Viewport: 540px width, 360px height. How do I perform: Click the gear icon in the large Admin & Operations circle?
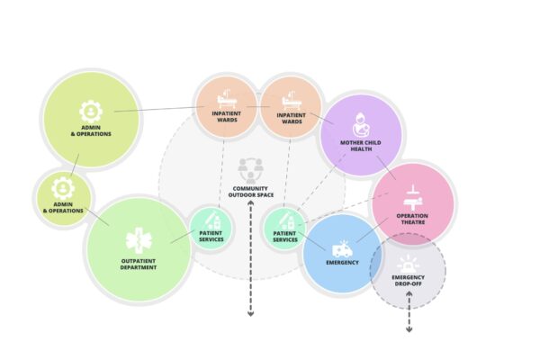pyautogui.click(x=91, y=112)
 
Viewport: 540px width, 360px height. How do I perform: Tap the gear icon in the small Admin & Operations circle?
pyautogui.click(x=63, y=188)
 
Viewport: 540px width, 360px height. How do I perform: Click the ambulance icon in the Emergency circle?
pyautogui.click(x=342, y=248)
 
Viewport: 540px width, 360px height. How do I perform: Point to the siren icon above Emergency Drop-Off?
pyautogui.click(x=408, y=264)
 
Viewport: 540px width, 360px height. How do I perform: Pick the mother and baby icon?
pyautogui.click(x=361, y=125)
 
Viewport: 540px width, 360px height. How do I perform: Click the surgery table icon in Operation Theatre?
pyautogui.click(x=412, y=198)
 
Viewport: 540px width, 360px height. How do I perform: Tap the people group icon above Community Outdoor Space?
pyautogui.click(x=251, y=170)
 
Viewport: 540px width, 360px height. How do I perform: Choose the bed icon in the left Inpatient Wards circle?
pyautogui.click(x=227, y=99)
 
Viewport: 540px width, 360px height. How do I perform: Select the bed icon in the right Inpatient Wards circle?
pyautogui.click(x=292, y=101)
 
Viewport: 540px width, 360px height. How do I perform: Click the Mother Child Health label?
pyautogui.click(x=361, y=146)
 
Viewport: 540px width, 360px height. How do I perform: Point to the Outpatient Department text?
pyautogui.click(x=139, y=265)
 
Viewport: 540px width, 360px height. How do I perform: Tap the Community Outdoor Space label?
pyautogui.click(x=251, y=192)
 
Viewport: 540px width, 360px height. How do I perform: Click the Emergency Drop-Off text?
pyautogui.click(x=408, y=281)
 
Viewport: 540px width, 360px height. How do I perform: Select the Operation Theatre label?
pyautogui.click(x=412, y=219)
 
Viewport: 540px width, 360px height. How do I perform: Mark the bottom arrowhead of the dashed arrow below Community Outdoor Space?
pyautogui.click(x=251, y=314)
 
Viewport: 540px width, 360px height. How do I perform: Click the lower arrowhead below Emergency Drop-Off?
pyautogui.click(x=409, y=330)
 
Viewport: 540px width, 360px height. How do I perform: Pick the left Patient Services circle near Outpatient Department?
pyautogui.click(x=211, y=228)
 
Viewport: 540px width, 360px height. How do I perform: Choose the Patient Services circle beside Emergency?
pyautogui.click(x=285, y=228)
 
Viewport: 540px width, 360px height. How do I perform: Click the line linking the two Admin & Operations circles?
pyautogui.click(x=75, y=165)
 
